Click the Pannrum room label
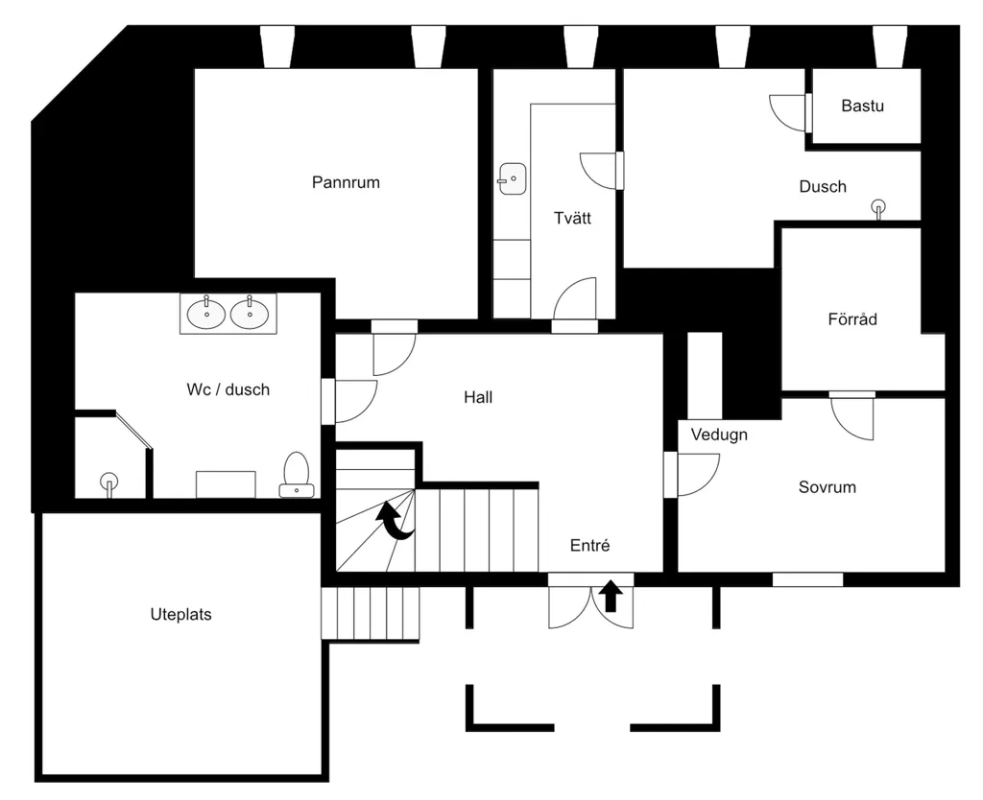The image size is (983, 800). pyautogui.click(x=346, y=182)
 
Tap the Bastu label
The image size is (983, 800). pyautogui.click(x=863, y=106)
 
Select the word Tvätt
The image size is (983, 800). pyautogui.click(x=572, y=218)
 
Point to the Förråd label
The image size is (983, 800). pyautogui.click(x=852, y=318)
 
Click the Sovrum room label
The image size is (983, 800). pyautogui.click(x=827, y=486)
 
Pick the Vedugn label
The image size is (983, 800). pyautogui.click(x=719, y=435)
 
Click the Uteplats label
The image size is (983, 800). pyautogui.click(x=180, y=614)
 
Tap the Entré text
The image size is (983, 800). pyautogui.click(x=590, y=545)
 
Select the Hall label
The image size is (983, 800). pyautogui.click(x=478, y=396)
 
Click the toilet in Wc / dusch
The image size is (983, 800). pyautogui.click(x=297, y=475)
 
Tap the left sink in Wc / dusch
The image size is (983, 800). pyautogui.click(x=206, y=313)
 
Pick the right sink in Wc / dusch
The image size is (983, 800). pyautogui.click(x=250, y=313)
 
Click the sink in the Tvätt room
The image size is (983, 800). pyautogui.click(x=513, y=179)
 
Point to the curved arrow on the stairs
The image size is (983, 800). pyautogui.click(x=395, y=521)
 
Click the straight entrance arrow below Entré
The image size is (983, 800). pyautogui.click(x=611, y=596)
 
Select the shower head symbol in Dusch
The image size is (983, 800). pyautogui.click(x=878, y=208)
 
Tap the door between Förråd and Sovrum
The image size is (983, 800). pyautogui.click(x=852, y=415)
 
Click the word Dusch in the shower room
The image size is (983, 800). pyautogui.click(x=823, y=186)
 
